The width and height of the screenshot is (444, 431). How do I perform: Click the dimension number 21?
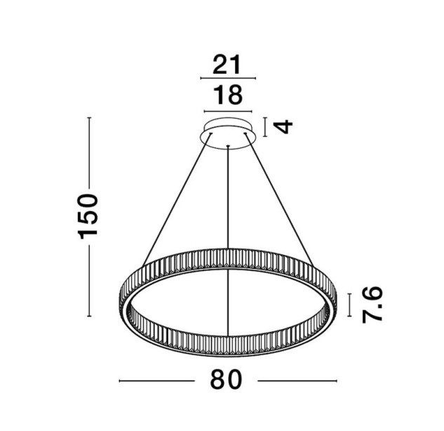coord(227,65)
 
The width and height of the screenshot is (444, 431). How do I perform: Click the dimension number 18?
coord(228,95)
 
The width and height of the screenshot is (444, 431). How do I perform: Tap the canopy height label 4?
coord(284,126)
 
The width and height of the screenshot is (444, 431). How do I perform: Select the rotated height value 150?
coord(88,216)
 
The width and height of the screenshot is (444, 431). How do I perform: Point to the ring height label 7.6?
coord(372,305)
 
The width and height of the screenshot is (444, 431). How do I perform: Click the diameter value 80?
coord(227,379)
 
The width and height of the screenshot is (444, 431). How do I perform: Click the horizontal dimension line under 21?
coord(228,78)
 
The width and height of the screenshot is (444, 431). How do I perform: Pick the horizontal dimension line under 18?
coord(228,112)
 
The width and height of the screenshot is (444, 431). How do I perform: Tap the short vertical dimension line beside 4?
coord(265,127)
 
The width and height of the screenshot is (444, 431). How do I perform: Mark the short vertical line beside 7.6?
coord(350,305)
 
